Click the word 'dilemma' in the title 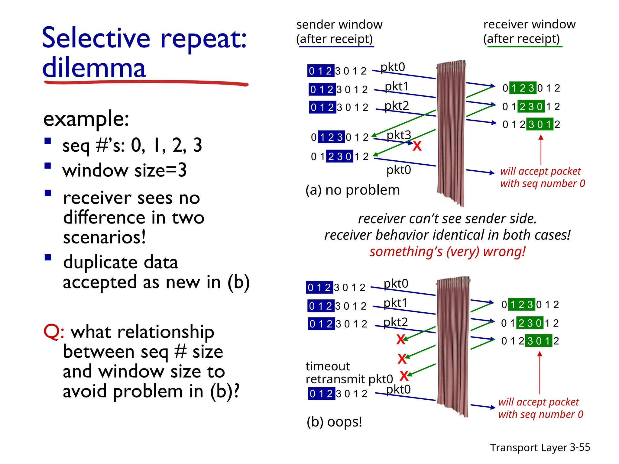click(x=94, y=68)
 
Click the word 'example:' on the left click(x=86, y=119)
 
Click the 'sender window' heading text click(x=339, y=24)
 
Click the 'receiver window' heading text click(x=529, y=24)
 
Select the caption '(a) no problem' click(x=352, y=190)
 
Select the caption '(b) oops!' click(x=334, y=422)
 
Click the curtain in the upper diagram click(x=451, y=133)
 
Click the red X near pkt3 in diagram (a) click(x=417, y=146)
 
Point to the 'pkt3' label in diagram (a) click(x=399, y=135)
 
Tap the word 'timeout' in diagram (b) click(x=328, y=366)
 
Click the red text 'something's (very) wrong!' click(x=447, y=252)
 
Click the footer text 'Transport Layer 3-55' click(x=540, y=447)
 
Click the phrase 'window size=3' click(x=125, y=170)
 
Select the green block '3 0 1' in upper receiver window click(x=540, y=124)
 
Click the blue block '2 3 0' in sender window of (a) click(x=339, y=156)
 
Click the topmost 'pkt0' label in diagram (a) click(x=393, y=67)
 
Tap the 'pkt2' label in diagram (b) click(x=395, y=322)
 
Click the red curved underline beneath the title click(x=145, y=82)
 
